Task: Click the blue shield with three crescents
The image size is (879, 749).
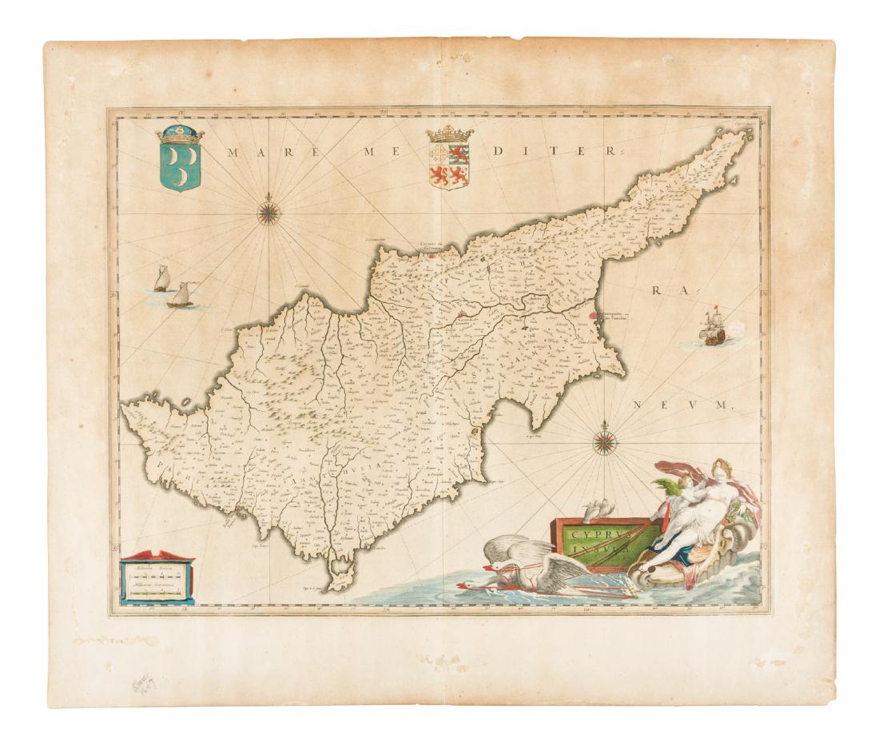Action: [181, 166]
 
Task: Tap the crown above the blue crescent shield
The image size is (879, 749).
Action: [182, 134]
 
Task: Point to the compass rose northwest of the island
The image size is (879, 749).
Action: [268, 211]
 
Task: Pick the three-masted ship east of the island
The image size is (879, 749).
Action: [709, 328]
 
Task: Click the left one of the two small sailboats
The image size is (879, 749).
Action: [162, 279]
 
